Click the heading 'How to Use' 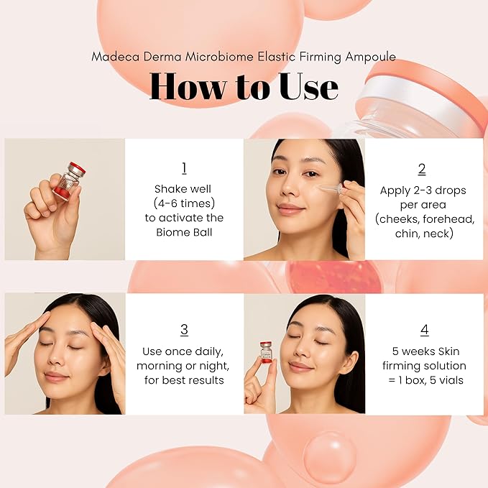(x=244, y=86)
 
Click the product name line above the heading (x=244, y=57)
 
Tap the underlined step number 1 (x=184, y=168)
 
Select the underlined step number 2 (x=422, y=169)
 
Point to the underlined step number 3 (x=184, y=330)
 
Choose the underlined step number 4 (x=424, y=331)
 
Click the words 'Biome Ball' (x=184, y=232)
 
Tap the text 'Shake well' (x=184, y=189)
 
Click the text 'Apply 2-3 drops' (x=423, y=190)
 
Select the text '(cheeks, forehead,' (x=423, y=219)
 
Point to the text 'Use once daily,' (x=184, y=351)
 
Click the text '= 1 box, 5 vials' (x=423, y=380)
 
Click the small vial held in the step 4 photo (x=266, y=351)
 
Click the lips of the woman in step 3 (x=56, y=376)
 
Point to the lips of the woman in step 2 (x=290, y=208)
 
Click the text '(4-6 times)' (x=184, y=203)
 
